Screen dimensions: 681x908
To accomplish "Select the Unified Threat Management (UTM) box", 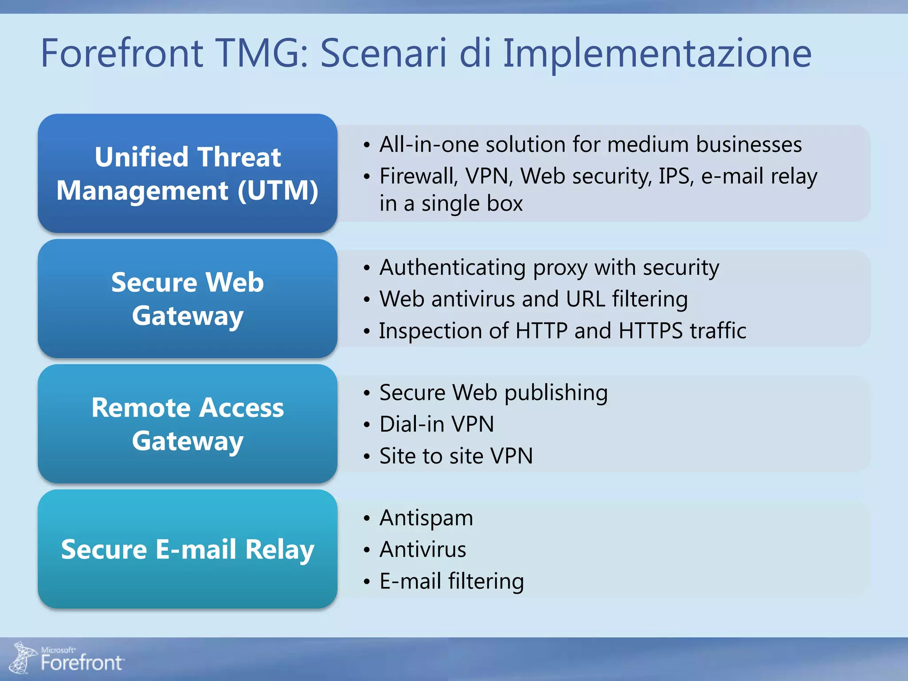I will tap(188, 173).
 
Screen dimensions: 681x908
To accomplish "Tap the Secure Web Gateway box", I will tap(188, 298).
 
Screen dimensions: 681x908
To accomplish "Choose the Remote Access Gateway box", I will tap(188, 424).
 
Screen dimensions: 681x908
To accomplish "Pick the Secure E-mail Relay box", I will tap(188, 549).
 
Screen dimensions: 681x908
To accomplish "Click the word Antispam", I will tap(426, 518).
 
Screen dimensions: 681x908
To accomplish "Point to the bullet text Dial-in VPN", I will tap(437, 424).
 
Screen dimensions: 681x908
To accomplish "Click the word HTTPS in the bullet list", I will tap(650, 331).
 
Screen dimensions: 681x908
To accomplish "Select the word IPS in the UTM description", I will tap(676, 176).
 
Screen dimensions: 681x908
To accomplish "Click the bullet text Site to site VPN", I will tap(456, 456).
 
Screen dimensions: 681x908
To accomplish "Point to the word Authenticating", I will tap(453, 268).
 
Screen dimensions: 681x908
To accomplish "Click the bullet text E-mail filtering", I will tap(451, 581).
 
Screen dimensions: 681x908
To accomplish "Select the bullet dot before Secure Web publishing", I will tap(367, 393).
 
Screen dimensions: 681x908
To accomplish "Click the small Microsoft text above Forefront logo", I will tap(58, 650).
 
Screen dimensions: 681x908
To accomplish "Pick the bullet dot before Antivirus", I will tap(367, 550).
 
